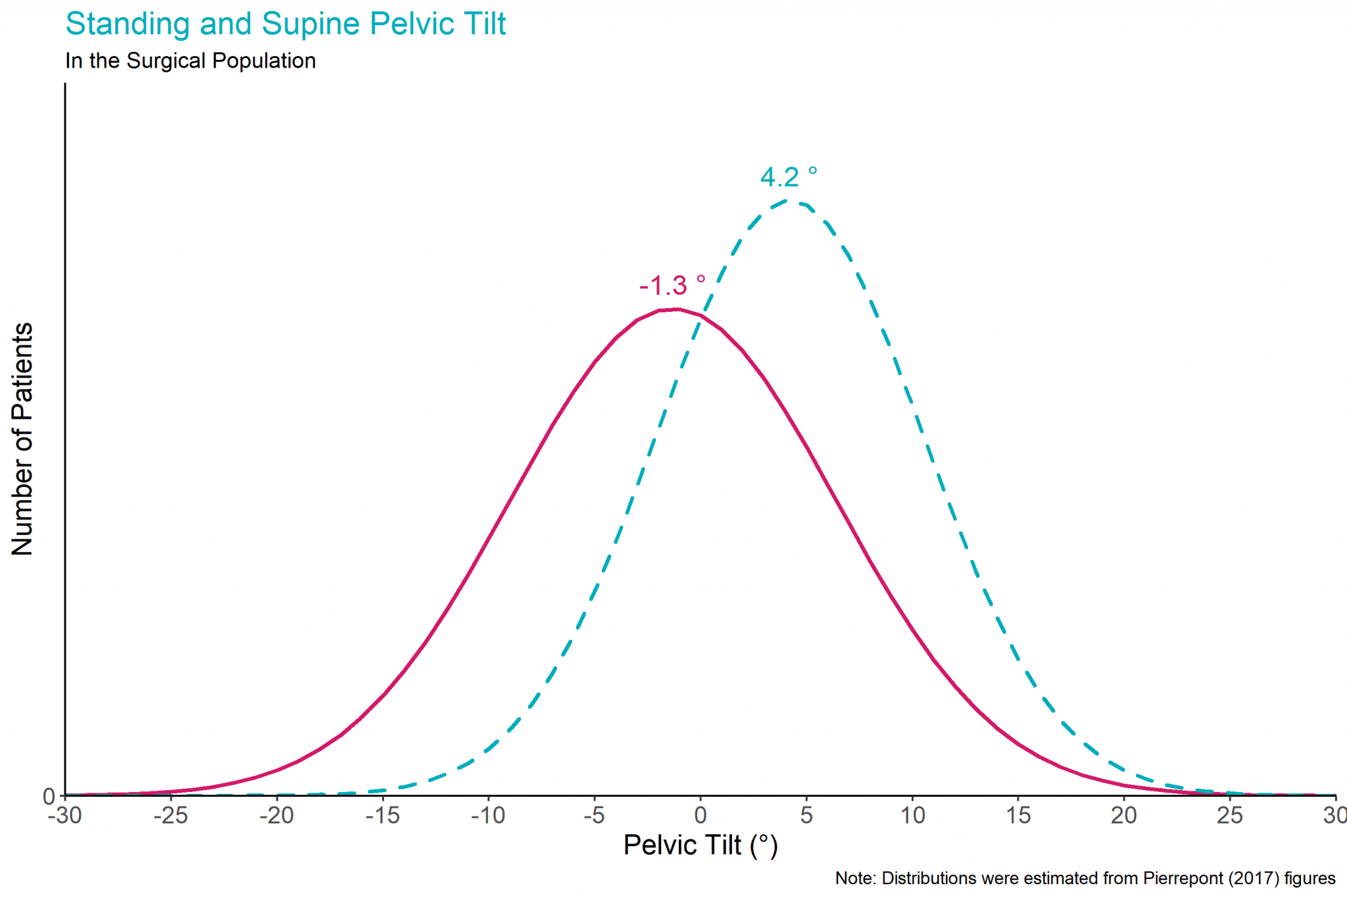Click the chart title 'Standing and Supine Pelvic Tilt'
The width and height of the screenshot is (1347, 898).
point(285,24)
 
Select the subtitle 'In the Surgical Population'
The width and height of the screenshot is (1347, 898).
point(190,61)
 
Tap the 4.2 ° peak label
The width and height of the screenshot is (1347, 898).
point(788,177)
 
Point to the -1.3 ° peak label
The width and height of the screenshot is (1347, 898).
point(672,286)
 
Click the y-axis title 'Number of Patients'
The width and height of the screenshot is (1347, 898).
point(23,439)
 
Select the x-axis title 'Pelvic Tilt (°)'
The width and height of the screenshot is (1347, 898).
point(700,845)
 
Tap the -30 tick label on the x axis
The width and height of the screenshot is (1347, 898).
point(64,816)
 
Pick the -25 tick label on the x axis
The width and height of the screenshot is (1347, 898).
point(170,816)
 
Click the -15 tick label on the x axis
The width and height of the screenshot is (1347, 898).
point(382,816)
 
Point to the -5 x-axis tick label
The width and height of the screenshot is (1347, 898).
point(594,816)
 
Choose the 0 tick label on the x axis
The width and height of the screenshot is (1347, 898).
point(700,816)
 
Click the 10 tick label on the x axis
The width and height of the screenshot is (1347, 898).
point(912,816)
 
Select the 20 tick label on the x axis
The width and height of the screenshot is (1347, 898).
point(1124,816)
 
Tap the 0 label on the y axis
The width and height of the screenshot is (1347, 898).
point(49,797)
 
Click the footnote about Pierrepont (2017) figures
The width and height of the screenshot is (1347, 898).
point(1085,878)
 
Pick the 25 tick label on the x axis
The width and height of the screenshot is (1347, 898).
point(1230,816)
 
